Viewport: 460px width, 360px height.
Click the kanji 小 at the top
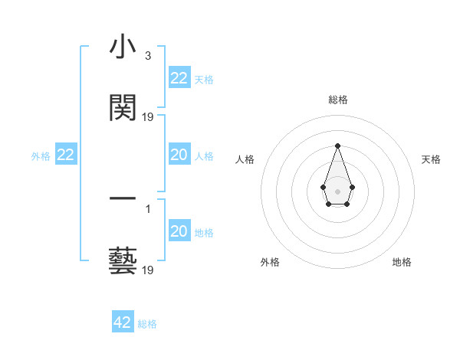(x=123, y=48)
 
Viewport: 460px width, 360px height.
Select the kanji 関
(x=123, y=108)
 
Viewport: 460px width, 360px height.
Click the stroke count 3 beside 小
(x=147, y=56)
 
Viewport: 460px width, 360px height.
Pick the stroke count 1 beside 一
(x=147, y=208)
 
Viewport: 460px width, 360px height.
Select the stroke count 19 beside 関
(x=148, y=117)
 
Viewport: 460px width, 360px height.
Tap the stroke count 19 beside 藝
(x=148, y=270)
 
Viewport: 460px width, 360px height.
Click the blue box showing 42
(x=123, y=322)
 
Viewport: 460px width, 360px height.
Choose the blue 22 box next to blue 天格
(x=179, y=78)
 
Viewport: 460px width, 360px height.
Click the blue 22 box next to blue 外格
(x=66, y=155)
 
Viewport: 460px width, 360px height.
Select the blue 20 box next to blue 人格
(x=179, y=155)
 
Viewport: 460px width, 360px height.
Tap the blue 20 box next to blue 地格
(x=179, y=231)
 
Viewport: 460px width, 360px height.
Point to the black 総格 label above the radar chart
(x=337, y=100)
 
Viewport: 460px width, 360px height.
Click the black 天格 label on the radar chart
(x=432, y=159)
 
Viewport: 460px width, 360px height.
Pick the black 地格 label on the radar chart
(x=402, y=262)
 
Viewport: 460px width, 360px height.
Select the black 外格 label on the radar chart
(x=270, y=262)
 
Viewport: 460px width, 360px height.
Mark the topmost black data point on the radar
(x=337, y=145)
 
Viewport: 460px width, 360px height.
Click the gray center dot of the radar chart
(x=337, y=190)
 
